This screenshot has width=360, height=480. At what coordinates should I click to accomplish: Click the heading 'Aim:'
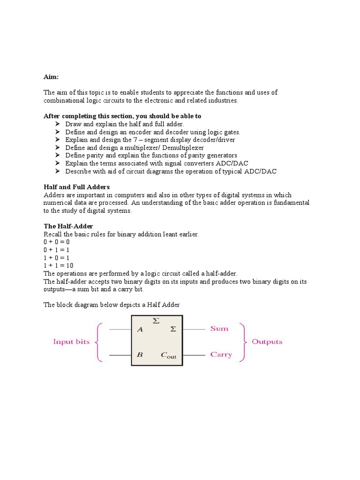[x=52, y=76]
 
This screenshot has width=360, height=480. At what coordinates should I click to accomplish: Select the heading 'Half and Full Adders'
[x=76, y=187]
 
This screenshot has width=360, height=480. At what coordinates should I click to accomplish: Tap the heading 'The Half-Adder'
[x=68, y=226]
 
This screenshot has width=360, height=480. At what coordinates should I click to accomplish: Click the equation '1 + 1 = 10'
[x=59, y=265]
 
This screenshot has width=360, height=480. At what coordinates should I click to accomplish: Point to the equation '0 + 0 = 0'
[x=57, y=242]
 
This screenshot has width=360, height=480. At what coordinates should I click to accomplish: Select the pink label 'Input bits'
[x=71, y=342]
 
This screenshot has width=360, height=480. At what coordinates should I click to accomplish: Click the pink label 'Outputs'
[x=267, y=342]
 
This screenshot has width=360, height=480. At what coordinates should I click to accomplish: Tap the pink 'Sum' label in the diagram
[x=219, y=329]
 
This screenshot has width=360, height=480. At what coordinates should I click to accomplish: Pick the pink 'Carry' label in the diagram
[x=221, y=354]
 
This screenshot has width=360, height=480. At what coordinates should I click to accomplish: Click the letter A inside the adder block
[x=140, y=330]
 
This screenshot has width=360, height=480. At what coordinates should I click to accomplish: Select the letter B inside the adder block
[x=140, y=355]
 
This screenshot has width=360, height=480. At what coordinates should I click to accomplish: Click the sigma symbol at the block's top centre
[x=156, y=321]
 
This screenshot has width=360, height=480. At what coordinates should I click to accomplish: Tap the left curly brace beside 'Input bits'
[x=99, y=342]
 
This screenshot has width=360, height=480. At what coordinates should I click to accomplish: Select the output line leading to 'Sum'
[x=194, y=330]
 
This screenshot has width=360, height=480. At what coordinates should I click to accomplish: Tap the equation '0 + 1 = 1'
[x=57, y=250]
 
